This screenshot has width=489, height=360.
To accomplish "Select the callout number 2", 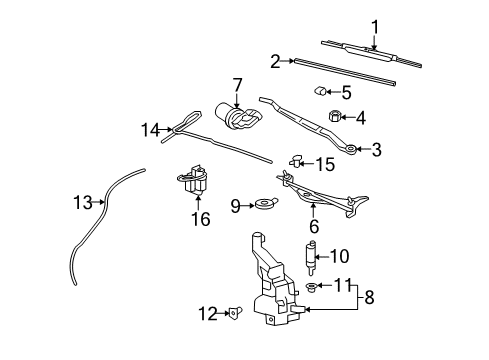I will click(275, 61).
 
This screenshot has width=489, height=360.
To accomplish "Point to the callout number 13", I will click(82, 203).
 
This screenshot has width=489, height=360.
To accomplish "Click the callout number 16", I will click(201, 218).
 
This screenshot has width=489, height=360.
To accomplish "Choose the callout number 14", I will click(150, 129).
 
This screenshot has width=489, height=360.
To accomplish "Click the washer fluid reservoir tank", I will click(270, 285).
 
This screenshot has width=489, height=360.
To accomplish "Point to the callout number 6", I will click(314, 227).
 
